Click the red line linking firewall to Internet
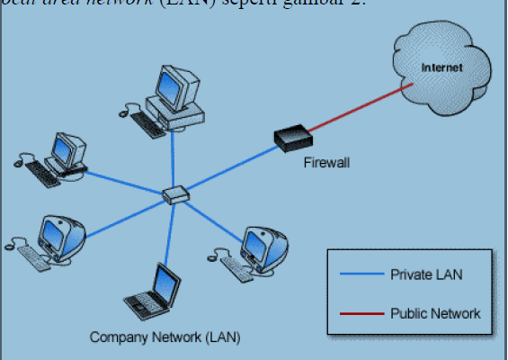[x=355, y=112]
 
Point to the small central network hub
[x=175, y=193]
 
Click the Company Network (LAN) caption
[x=165, y=337]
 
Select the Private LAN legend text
[x=426, y=274]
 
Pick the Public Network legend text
[x=435, y=313]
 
